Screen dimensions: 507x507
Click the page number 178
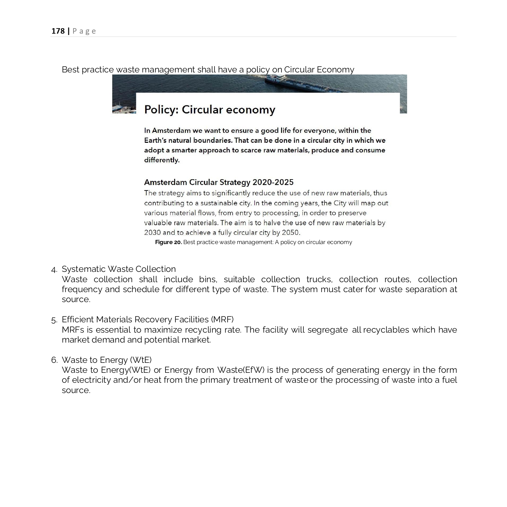click(58, 31)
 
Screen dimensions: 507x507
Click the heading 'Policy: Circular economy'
click(209, 110)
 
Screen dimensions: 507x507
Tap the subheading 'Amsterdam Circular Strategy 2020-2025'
click(219, 182)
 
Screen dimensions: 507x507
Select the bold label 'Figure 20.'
click(168, 242)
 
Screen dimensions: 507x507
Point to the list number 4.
click(54, 269)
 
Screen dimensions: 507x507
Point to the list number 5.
click(54, 320)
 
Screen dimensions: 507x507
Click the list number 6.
click(54, 360)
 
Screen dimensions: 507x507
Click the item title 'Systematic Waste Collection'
click(118, 269)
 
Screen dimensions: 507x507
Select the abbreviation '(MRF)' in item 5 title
click(222, 319)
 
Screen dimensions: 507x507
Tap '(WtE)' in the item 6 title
click(141, 360)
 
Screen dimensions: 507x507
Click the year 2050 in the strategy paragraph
click(290, 232)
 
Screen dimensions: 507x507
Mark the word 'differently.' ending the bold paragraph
click(162, 160)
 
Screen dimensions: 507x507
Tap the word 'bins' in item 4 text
click(208, 279)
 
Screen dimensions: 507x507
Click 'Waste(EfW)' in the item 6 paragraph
click(241, 370)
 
